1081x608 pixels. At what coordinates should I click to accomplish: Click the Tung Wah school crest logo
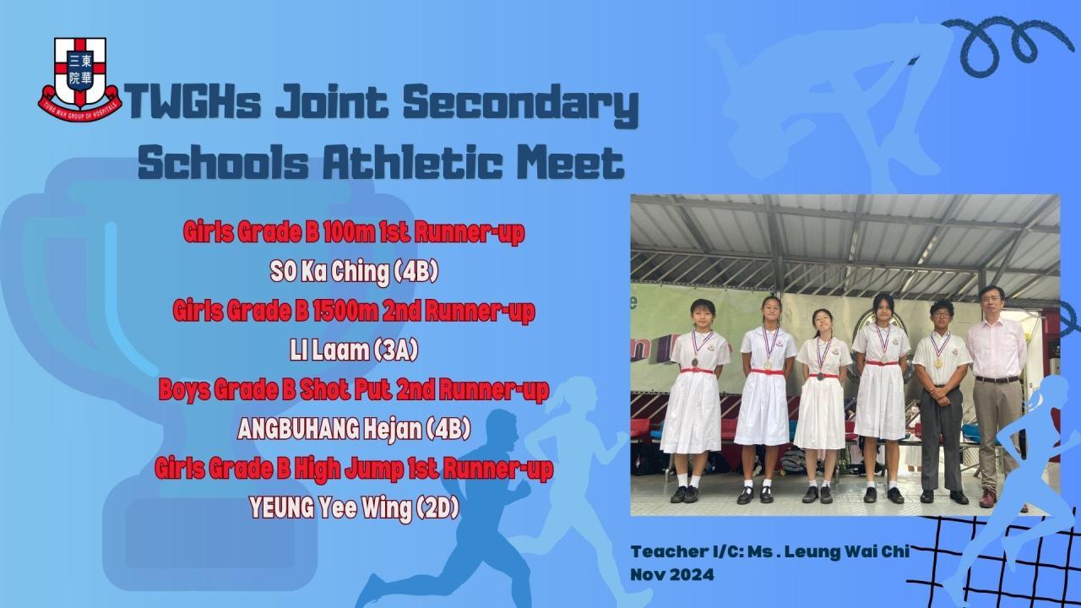point(79,79)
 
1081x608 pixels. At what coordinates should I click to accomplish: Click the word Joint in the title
point(332,102)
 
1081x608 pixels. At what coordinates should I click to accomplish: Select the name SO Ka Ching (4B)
point(354,272)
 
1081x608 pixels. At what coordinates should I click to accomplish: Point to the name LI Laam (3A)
point(354,350)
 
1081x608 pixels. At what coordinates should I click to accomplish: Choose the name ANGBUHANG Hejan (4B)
point(354,429)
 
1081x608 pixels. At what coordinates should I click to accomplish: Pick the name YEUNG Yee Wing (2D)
point(354,508)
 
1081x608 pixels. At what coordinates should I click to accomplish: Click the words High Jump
point(349,470)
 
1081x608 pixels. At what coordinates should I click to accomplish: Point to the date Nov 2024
point(671,575)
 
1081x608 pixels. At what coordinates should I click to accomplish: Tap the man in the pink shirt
point(995,396)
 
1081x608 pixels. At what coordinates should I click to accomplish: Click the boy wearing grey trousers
point(940,401)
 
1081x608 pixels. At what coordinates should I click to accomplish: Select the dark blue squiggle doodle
point(1004,46)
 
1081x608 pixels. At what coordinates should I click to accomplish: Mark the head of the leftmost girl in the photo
point(703,312)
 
